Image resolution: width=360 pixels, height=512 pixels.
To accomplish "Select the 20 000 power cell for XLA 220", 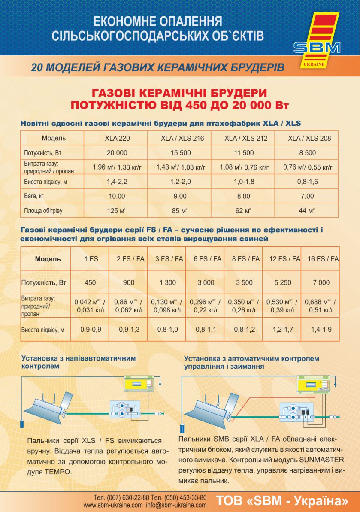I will click(117, 153).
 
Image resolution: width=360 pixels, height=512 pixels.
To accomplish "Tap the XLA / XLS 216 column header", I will click(180, 138).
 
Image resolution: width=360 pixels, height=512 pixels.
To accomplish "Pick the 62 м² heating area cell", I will click(243, 211).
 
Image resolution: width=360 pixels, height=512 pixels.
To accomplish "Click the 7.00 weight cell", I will click(307, 196).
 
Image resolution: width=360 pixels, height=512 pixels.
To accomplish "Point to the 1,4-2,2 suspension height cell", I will click(117, 182).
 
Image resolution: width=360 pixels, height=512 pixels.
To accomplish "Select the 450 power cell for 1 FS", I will click(91, 282).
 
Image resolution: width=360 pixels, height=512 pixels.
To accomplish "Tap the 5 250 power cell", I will click(282, 282).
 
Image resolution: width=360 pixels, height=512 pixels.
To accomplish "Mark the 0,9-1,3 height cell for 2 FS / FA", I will click(129, 330).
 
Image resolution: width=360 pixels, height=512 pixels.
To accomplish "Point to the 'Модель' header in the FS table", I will click(48, 259).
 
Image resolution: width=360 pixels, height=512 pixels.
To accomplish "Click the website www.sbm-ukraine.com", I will click(113, 505).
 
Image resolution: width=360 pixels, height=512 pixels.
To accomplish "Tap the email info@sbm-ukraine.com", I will click(176, 505).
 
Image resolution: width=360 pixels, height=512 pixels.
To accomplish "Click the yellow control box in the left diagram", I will click(138, 383).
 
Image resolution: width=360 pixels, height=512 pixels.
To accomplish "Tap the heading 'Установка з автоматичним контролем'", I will click(251, 358).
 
